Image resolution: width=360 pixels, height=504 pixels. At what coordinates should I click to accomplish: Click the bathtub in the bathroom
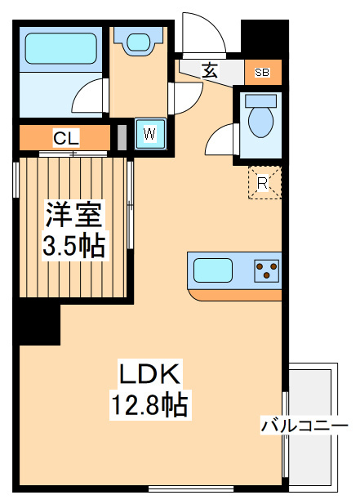coord(61,48)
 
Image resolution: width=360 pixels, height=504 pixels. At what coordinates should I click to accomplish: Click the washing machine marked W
coord(150,133)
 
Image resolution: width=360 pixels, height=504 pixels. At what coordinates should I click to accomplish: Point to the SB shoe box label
coord(261,73)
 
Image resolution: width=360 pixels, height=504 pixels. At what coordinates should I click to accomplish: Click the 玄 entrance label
coord(209,70)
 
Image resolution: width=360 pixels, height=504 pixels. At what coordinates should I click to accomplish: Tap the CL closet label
coord(65,136)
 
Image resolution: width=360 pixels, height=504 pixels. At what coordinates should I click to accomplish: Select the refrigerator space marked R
coord(263,183)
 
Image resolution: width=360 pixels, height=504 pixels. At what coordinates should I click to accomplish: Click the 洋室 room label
coord(73,214)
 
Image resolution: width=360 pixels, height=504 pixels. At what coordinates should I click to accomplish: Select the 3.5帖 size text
coord(73,244)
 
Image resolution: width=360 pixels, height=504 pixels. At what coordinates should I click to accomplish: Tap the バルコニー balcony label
coord(304,426)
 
